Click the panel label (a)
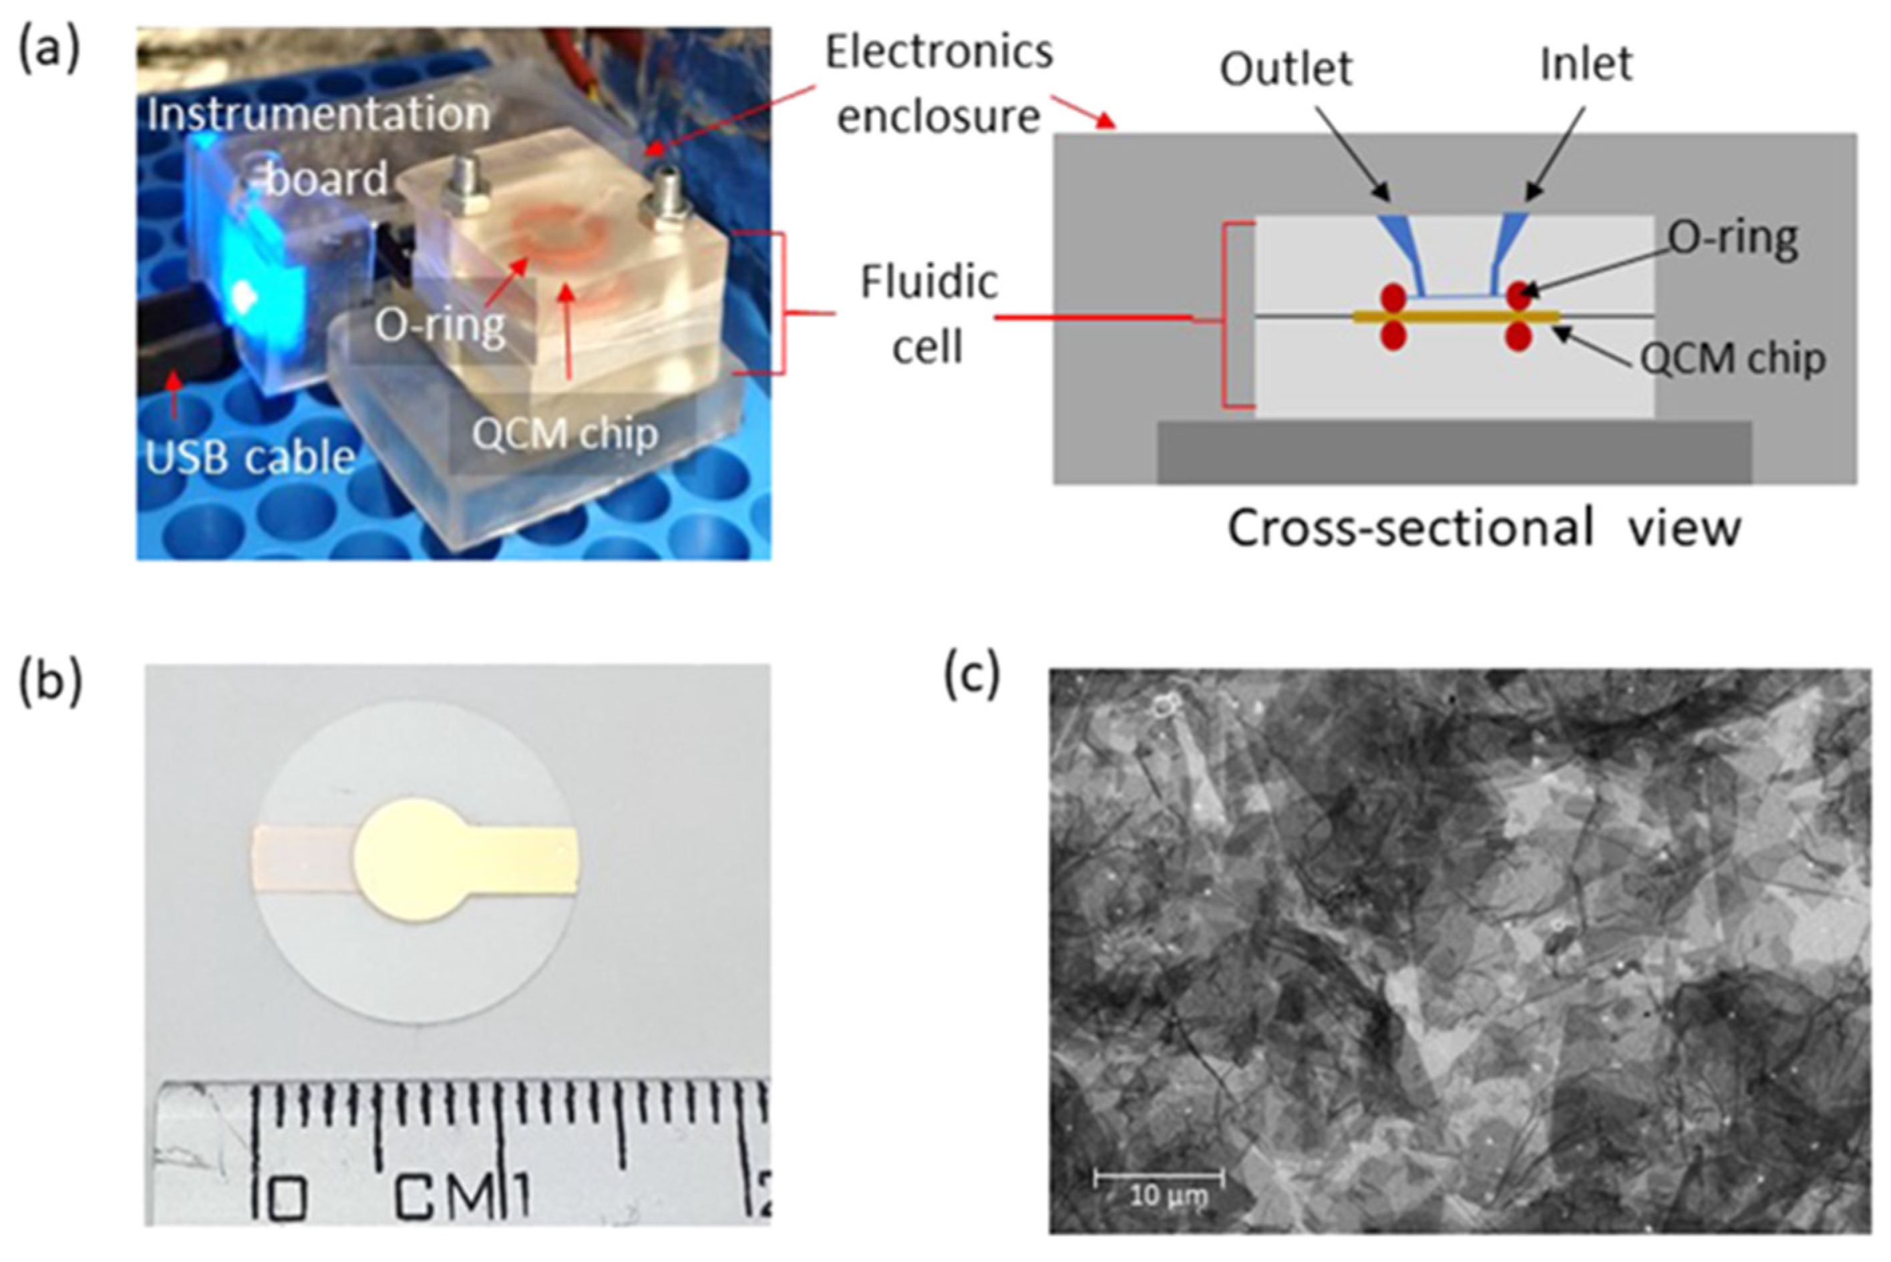[49, 50]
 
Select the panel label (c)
[972, 675]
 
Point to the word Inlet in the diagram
[1586, 64]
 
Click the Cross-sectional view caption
[1484, 529]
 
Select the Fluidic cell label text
[928, 314]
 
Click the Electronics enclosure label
[938, 85]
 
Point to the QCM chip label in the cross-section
[1733, 359]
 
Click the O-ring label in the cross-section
[1731, 239]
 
